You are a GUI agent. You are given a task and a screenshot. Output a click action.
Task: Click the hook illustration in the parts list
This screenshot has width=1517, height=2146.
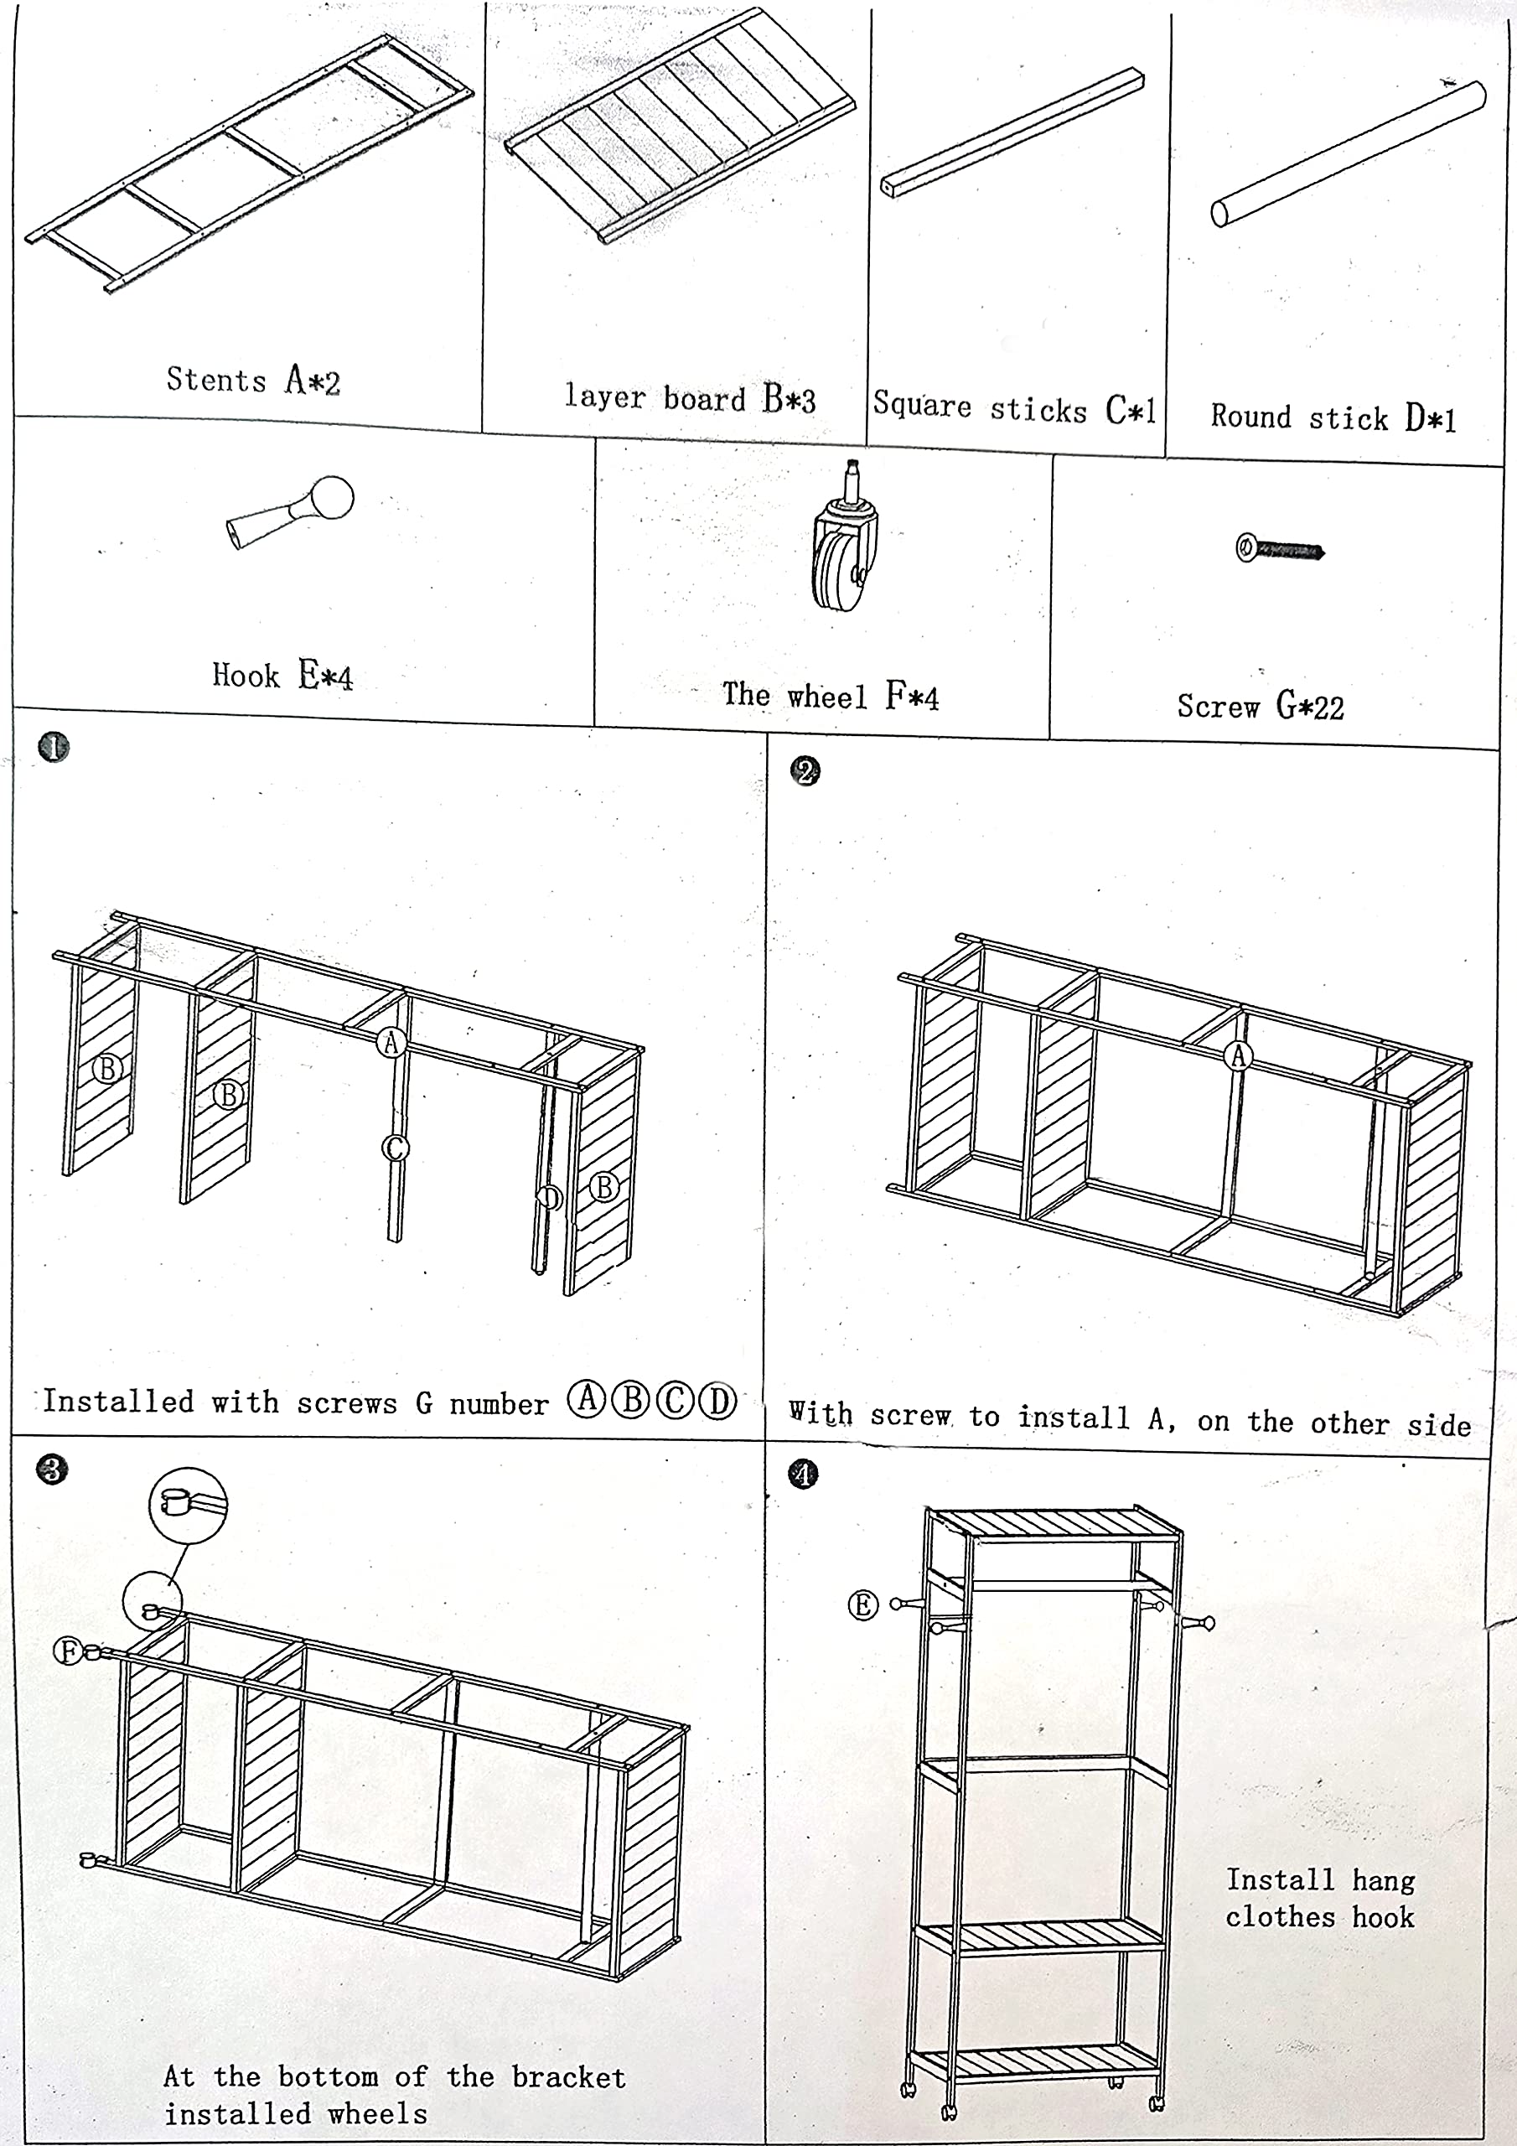coord(291,511)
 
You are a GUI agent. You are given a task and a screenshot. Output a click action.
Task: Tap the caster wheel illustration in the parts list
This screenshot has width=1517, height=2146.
coord(843,540)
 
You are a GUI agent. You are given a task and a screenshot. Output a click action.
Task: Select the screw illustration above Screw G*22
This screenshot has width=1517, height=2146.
coord(1279,548)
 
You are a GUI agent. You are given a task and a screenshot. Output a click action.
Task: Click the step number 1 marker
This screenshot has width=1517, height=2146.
coord(54,747)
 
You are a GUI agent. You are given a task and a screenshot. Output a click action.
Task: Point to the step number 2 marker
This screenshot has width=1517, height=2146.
coord(805,771)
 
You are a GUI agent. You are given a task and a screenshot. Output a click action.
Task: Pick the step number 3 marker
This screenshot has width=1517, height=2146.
coord(52,1470)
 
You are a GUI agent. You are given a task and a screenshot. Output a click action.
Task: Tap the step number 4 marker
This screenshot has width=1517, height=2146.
coord(803,1474)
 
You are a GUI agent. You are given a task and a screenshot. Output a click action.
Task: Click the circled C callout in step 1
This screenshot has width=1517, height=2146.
coord(395,1147)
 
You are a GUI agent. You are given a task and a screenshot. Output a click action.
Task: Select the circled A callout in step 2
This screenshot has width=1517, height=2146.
coord(1239,1055)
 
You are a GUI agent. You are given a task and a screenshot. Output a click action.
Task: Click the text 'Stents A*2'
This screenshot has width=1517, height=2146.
coord(253,380)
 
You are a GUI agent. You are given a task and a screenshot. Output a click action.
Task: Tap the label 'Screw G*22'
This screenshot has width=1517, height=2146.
coord(1260,706)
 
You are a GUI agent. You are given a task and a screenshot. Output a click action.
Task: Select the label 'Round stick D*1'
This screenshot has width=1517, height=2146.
coord(1333,417)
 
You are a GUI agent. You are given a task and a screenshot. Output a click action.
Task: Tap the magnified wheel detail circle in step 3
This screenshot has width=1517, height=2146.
coord(188,1504)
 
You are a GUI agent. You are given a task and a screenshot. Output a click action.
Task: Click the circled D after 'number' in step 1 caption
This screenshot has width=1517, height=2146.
coord(717,1401)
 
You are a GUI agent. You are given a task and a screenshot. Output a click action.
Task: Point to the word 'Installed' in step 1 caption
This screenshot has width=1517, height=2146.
coord(118,1401)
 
